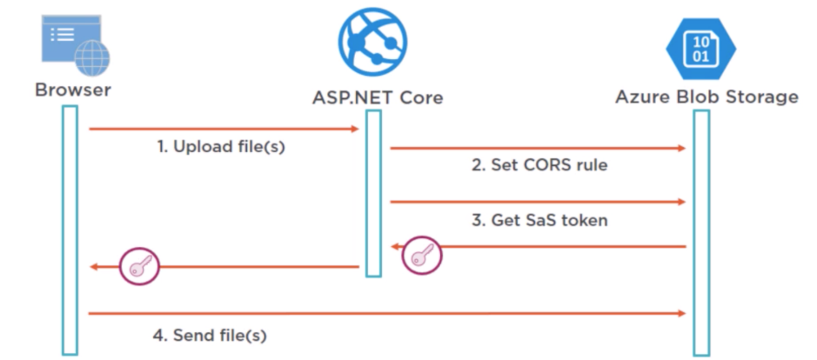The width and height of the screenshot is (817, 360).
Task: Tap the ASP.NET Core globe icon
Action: tap(372, 41)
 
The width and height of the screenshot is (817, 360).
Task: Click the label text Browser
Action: tap(73, 89)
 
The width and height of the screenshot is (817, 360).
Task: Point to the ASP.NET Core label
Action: tap(378, 97)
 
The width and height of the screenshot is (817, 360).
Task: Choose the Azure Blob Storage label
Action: tap(707, 97)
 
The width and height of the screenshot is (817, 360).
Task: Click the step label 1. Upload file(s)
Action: tap(221, 147)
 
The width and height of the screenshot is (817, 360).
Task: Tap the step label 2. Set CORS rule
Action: tap(539, 165)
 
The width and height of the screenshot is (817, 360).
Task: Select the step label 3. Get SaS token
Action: tap(539, 220)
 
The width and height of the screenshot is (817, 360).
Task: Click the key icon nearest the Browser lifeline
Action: tap(140, 266)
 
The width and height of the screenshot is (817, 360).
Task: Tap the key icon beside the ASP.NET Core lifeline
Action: tap(422, 255)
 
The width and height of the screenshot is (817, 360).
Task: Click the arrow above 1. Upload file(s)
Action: tap(223, 129)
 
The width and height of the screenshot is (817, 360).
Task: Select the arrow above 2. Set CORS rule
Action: tap(538, 148)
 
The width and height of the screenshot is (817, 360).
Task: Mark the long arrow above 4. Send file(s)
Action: tap(387, 312)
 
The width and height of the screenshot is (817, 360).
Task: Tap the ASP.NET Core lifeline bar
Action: tap(373, 192)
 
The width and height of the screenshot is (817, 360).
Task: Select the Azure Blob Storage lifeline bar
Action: tap(701, 231)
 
